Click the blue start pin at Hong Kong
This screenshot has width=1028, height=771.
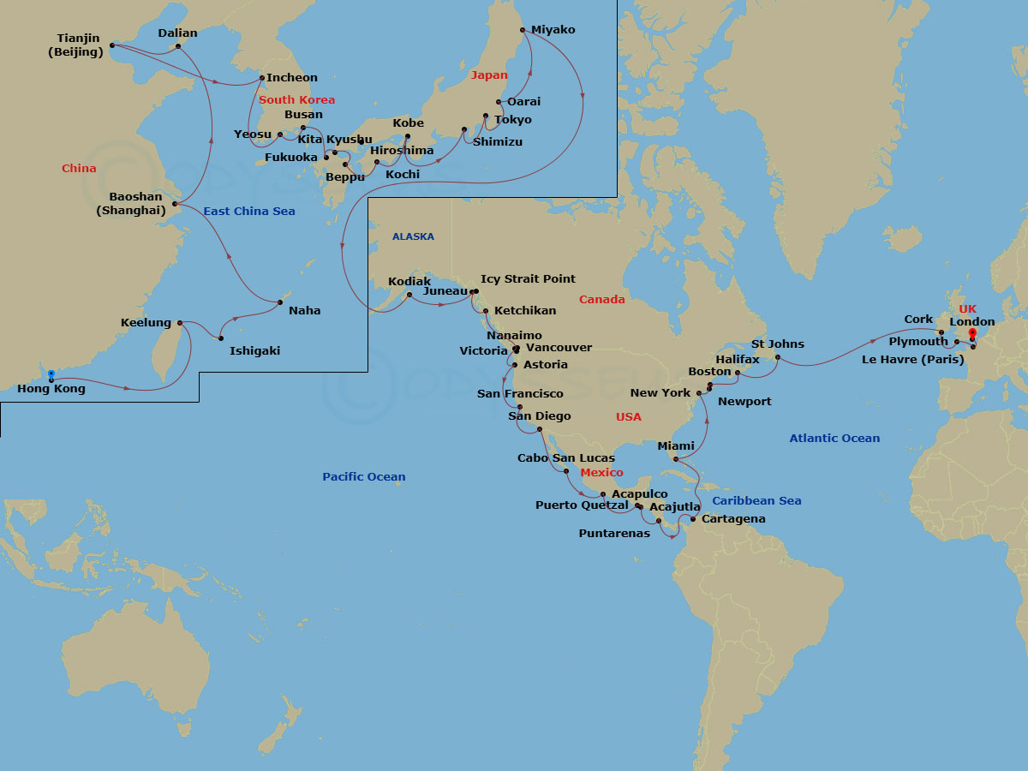51,375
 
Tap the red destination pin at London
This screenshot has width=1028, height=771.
972,334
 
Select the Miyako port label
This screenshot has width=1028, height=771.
553,30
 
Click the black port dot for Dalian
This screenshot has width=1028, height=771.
177,46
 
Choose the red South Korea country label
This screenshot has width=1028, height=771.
296,100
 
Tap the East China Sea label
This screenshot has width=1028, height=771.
248,212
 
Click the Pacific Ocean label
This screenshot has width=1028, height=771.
364,477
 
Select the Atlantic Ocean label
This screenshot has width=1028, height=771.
834,439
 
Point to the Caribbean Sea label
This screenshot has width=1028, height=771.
756,501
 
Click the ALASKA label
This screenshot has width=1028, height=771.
413,236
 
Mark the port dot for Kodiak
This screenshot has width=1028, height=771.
409,295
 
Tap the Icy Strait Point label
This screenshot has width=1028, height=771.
528,279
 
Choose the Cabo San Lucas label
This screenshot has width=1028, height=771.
565,458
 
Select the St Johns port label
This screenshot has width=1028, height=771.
777,344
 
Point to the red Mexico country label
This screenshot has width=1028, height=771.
601,473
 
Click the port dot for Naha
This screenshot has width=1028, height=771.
280,302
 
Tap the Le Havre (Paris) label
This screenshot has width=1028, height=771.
912,359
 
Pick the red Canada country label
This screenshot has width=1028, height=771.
601,300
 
